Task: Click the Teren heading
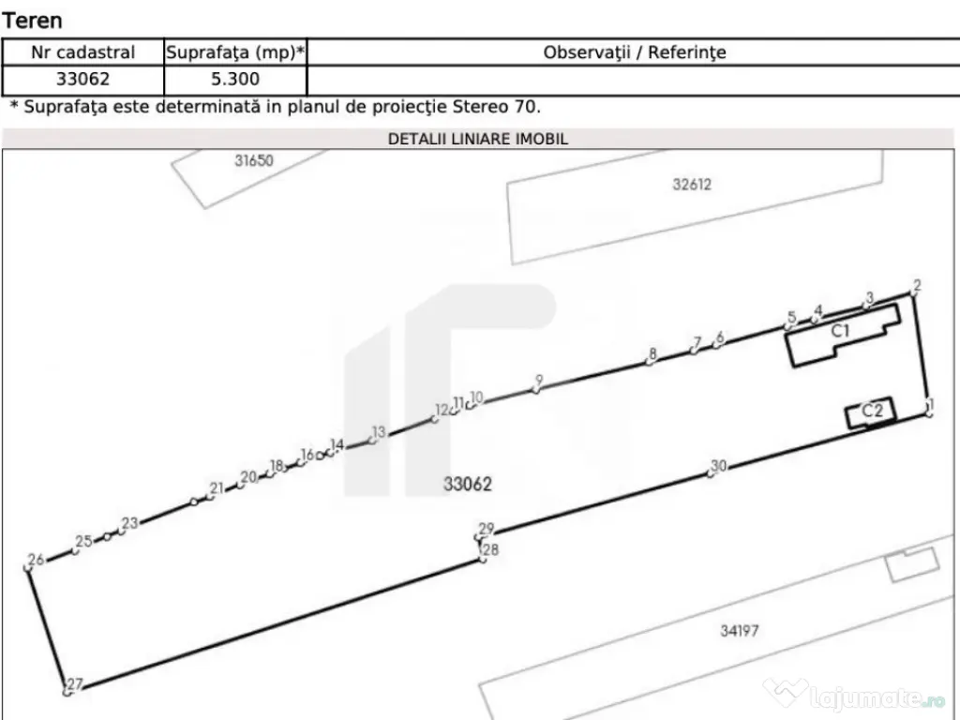click(33, 21)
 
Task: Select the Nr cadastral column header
click(82, 52)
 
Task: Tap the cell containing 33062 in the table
click(82, 79)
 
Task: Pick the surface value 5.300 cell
click(235, 79)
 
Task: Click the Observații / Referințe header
click(635, 52)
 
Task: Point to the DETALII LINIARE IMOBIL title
click(478, 139)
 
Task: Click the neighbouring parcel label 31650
click(253, 160)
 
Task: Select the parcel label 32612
click(692, 185)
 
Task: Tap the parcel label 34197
click(739, 631)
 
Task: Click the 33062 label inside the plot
click(467, 485)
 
